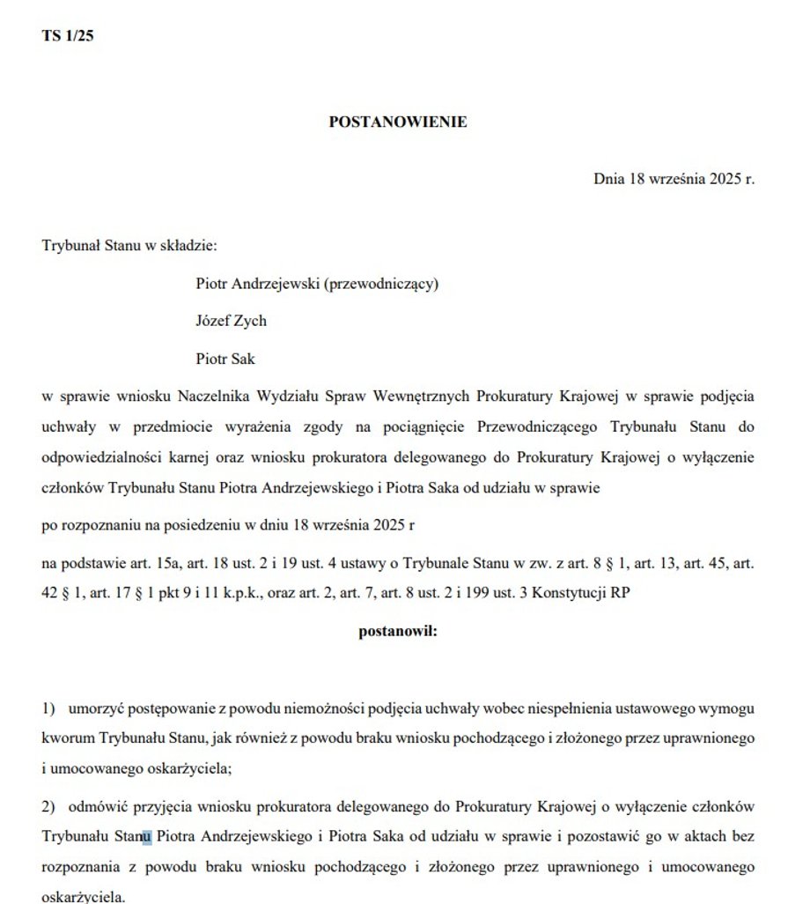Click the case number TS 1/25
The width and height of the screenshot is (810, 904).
pos(67,36)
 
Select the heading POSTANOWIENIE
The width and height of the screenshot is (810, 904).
pos(398,122)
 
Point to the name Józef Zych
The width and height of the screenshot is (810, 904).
pos(231,321)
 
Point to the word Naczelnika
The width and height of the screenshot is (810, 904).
pos(211,396)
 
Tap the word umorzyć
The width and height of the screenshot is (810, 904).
pos(94,708)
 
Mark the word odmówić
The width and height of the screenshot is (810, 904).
pos(94,807)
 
